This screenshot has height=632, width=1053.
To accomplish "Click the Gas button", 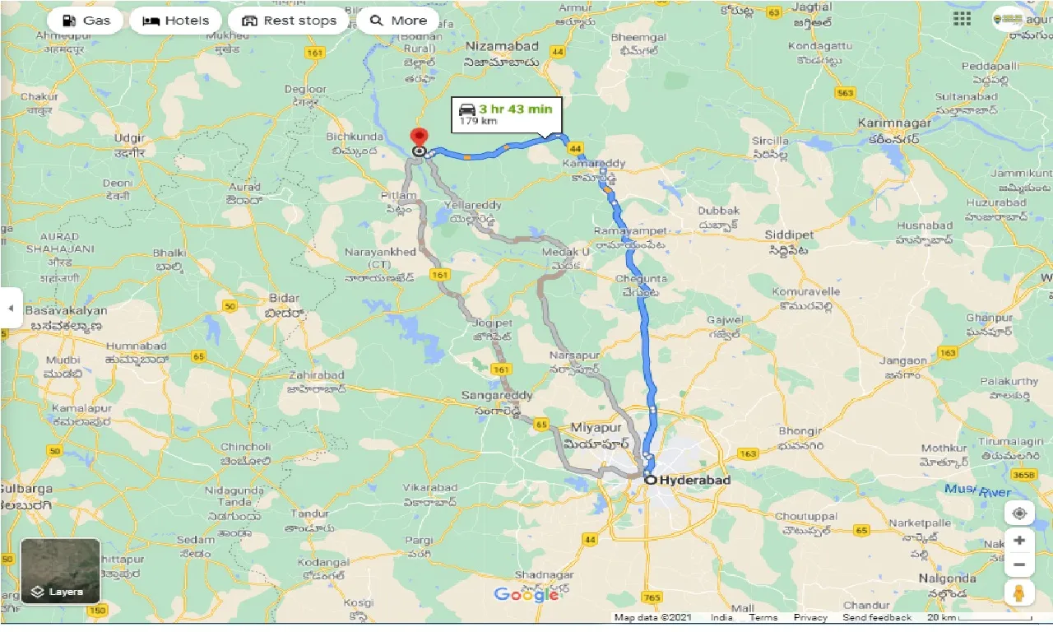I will click(x=86, y=21).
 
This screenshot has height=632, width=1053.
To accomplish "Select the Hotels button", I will click(x=175, y=21).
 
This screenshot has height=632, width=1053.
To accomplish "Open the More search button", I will click(x=398, y=21).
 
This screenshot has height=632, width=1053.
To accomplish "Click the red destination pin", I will click(x=420, y=137).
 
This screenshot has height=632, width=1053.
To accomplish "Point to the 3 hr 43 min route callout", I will click(x=504, y=114).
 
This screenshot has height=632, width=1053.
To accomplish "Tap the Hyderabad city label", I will click(x=683, y=480).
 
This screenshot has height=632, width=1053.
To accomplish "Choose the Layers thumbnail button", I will click(x=60, y=571).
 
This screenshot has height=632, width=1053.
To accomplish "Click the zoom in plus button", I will click(x=1019, y=541).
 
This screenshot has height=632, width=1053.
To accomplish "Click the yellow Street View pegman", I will click(x=1019, y=592).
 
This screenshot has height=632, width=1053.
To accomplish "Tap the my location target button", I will click(x=1019, y=513).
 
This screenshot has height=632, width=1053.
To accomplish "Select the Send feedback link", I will click(x=878, y=617).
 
